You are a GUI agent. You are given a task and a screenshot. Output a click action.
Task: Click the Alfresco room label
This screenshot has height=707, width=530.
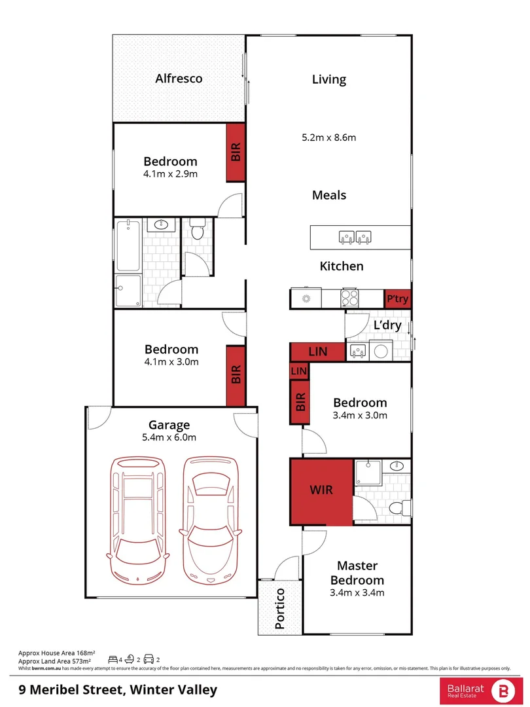pos(179,79)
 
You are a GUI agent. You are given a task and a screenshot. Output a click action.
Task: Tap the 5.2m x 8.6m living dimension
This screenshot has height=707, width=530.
pos(328,137)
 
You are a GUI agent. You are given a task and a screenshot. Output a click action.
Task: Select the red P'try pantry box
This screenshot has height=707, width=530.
pos(397,299)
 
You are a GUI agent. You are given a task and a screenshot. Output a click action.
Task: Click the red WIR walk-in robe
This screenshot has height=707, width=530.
pos(321,490)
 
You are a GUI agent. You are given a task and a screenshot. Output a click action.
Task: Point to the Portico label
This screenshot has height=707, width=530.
pos(280,608)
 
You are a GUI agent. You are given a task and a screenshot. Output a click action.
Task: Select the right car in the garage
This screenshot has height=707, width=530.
pos(209,517)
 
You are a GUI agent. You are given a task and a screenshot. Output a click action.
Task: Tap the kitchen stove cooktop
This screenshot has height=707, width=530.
pos(349,299)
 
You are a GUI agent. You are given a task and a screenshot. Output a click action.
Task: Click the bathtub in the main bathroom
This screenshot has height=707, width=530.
pos(128,247)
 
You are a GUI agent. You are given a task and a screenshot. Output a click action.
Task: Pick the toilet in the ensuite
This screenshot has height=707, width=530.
pos(396,507)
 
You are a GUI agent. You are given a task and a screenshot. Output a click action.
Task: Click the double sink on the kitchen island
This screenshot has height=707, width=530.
pos(355,237)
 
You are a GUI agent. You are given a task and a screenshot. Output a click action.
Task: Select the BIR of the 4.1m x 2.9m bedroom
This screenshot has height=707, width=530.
pos(236,153)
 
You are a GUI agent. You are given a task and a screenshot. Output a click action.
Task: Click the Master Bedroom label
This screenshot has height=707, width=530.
pos(357,573)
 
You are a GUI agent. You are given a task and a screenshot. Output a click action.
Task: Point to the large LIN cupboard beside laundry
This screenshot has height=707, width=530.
pos(317,352)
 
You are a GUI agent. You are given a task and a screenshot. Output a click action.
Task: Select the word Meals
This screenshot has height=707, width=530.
pos(328,195)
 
